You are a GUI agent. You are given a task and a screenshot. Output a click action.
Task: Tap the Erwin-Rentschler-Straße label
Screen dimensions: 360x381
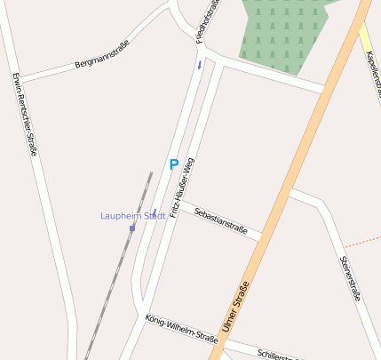point(25,113)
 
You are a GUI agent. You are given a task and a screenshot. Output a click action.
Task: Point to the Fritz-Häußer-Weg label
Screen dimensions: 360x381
point(182,187)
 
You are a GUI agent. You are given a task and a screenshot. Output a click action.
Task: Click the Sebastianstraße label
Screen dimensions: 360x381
point(220,220)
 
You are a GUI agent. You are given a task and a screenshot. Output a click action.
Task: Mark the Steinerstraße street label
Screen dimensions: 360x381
point(351,278)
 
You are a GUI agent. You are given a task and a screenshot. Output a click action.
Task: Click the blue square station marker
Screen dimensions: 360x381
point(132,228)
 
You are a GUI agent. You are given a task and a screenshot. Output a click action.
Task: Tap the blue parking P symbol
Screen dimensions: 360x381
point(174,164)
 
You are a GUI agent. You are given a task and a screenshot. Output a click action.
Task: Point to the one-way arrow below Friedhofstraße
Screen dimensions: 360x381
point(200,64)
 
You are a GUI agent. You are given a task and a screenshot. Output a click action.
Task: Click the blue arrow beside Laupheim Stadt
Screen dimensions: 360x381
point(155,212)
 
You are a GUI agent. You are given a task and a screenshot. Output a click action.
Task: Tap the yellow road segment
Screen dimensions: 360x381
point(366,40)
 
